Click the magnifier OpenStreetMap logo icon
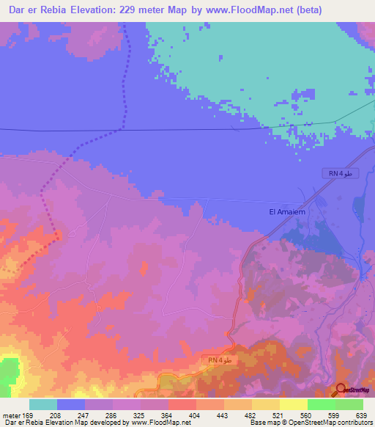(341, 389)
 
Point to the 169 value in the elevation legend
(29, 415)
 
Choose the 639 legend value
(360, 415)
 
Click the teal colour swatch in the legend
(43, 404)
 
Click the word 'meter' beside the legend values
(11, 415)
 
